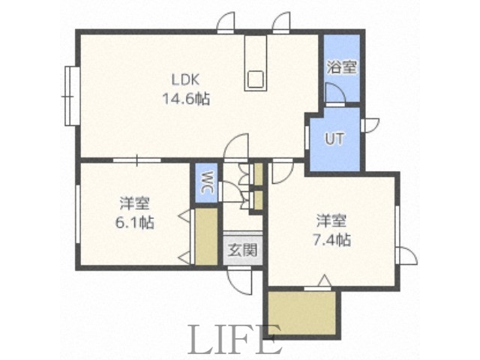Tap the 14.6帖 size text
click(185, 97)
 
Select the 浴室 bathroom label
click(341, 67)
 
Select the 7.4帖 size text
click(331, 240)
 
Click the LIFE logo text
click(233, 340)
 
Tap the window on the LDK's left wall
click(71, 94)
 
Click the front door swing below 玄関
click(241, 281)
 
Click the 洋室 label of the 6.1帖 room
click(136, 204)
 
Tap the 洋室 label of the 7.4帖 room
click(331, 222)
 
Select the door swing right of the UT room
click(370, 124)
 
